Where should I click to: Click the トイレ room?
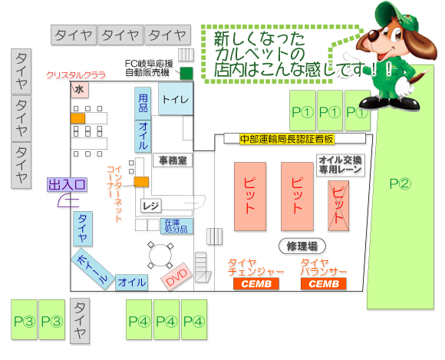click(176, 99)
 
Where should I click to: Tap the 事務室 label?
click(173, 160)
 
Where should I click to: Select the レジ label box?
click(151, 206)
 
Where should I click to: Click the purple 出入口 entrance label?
click(67, 184)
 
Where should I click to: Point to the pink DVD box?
click(176, 276)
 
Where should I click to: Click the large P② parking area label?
click(400, 183)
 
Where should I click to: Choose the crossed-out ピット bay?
click(338, 206)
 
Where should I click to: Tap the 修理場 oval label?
click(302, 246)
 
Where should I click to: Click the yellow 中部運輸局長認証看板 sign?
click(287, 139)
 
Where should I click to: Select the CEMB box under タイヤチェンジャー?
click(256, 284)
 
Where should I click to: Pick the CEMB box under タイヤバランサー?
click(324, 284)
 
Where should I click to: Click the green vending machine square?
click(186, 73)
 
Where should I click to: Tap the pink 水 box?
click(80, 90)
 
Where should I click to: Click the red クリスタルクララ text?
click(76, 75)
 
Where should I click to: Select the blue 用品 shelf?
click(143, 104)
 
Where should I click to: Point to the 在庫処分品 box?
click(176, 226)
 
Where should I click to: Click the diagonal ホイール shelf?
click(93, 269)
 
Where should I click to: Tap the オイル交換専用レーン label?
click(341, 165)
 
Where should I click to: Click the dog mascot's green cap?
click(397, 16)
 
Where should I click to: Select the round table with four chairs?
click(160, 255)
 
